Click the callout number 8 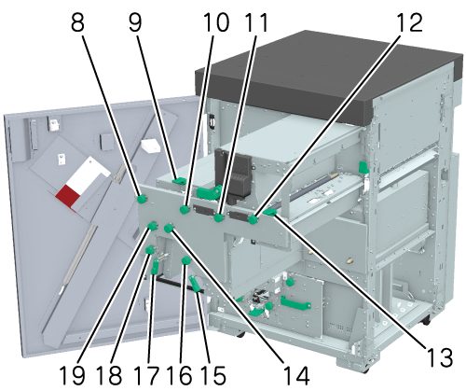[x=77, y=22]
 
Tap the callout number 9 [x=135, y=22]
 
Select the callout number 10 [x=216, y=22]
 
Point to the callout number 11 [x=256, y=22]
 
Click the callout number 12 [x=409, y=22]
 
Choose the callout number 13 [x=440, y=357]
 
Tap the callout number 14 [x=295, y=375]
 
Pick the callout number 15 [x=212, y=375]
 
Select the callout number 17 [x=146, y=375]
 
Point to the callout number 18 [x=109, y=375]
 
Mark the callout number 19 [x=72, y=375]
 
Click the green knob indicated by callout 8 [x=143, y=199]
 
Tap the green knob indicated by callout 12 [x=254, y=219]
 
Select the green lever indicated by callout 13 [x=269, y=212]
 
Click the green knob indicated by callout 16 [x=185, y=260]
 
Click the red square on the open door [x=68, y=197]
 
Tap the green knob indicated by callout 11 [x=219, y=217]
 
